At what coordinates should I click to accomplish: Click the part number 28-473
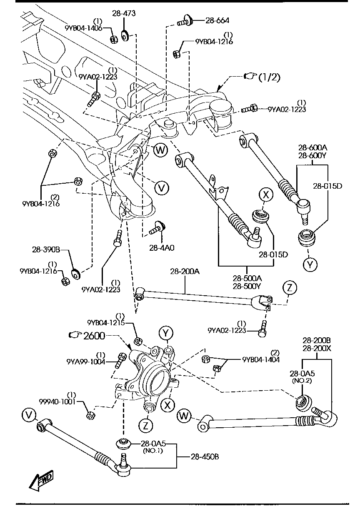[x=124, y=13]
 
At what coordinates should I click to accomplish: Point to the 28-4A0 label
[x=162, y=247]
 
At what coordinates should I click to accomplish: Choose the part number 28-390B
[x=46, y=250]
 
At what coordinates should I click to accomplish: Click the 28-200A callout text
[x=185, y=272]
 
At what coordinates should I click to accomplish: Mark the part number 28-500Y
[x=247, y=286]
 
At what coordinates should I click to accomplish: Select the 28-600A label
[x=312, y=147]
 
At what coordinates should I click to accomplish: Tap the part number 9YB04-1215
[x=106, y=322]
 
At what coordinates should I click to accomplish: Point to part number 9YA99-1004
[x=85, y=362]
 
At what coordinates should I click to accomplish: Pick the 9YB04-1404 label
[x=261, y=359]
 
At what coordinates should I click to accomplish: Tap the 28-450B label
[x=204, y=457]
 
